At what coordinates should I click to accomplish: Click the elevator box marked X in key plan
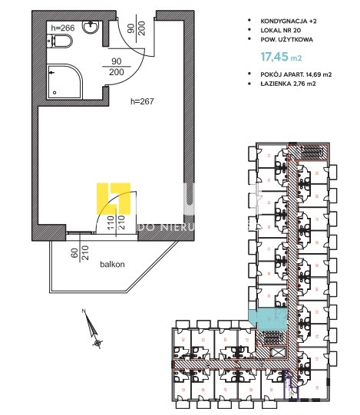(278, 352)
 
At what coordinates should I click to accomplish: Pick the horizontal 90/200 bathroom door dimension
(117, 66)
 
